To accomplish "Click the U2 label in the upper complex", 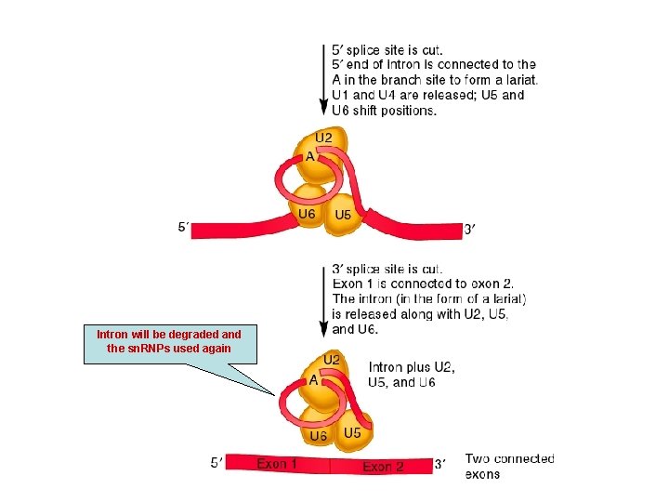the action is click(x=323, y=138).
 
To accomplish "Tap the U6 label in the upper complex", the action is click(x=307, y=214).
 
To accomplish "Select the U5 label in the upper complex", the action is click(x=343, y=215).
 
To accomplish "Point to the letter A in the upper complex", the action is click(x=310, y=157).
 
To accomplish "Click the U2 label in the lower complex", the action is click(x=332, y=360).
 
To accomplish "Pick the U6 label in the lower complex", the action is click(x=318, y=435).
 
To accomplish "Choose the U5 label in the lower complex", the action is click(x=352, y=433).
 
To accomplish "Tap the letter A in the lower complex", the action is click(x=314, y=379).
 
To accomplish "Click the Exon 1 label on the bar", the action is click(x=277, y=463).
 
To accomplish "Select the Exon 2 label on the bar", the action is click(x=383, y=467).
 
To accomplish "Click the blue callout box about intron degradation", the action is click(x=170, y=345).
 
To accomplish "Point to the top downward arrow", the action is click(x=324, y=80).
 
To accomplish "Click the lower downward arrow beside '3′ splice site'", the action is click(x=324, y=301).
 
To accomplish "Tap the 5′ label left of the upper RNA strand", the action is click(x=183, y=227).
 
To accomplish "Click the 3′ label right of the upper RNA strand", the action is click(x=469, y=230).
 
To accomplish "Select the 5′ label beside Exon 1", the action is click(x=216, y=463).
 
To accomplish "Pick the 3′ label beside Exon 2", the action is click(x=440, y=464).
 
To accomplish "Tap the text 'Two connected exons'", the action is click(x=509, y=466).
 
